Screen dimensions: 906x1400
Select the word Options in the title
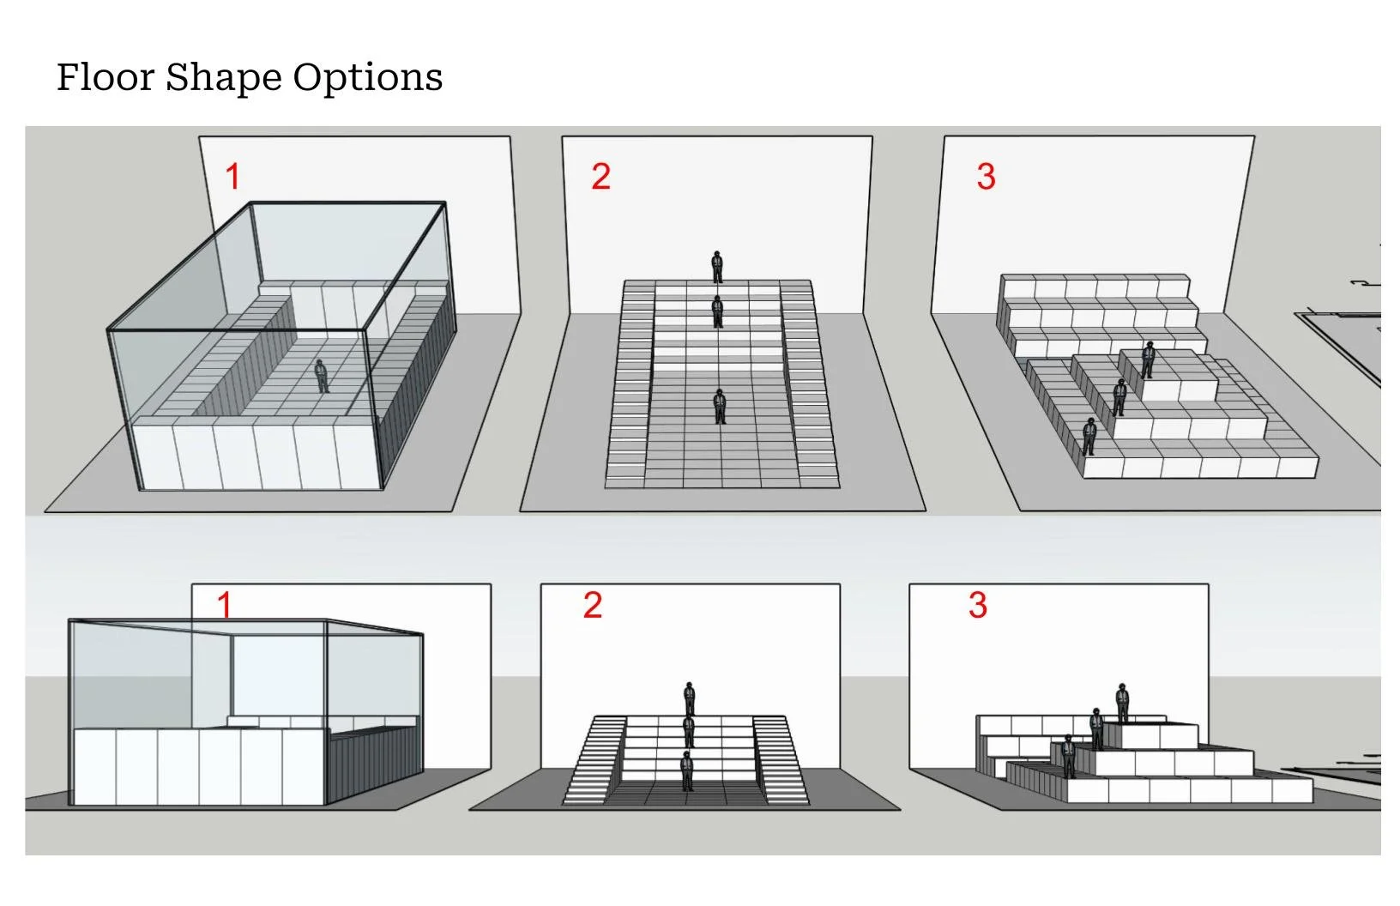coord(368,78)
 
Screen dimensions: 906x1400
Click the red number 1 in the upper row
coord(232,177)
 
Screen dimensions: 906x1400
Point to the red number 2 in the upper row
coord(600,177)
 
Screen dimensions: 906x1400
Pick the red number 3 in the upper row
coord(986,177)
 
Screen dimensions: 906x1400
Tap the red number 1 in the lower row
coord(225,605)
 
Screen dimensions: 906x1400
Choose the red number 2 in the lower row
coord(592,605)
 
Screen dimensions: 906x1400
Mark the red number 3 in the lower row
coord(977,605)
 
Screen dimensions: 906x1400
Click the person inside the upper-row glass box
coord(322,376)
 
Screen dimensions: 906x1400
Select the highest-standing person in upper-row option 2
coord(717,266)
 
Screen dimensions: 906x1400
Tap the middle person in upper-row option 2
coord(718,311)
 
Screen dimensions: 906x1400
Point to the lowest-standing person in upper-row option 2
coord(720,406)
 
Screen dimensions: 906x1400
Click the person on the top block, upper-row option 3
coord(1147,359)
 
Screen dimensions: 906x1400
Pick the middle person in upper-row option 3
coord(1119,396)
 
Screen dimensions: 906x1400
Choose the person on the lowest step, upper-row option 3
coord(1089,437)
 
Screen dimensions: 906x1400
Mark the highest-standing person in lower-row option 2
coord(689,698)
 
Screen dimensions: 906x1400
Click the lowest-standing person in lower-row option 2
coord(686,770)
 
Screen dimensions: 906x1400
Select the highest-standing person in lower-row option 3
coord(1121,704)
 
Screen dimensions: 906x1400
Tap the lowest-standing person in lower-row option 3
coord(1068,756)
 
